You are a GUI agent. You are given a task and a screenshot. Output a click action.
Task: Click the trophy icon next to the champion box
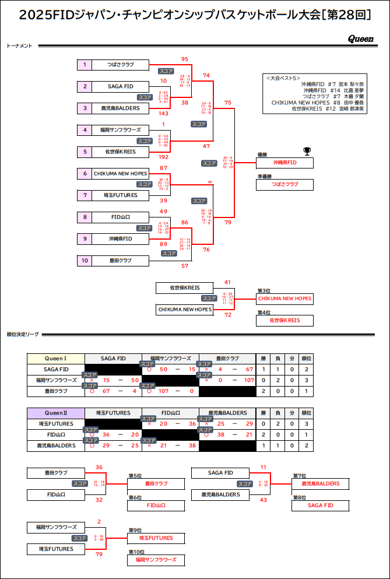pos(307,152)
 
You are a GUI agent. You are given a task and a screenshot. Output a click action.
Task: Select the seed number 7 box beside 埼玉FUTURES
pos(85,195)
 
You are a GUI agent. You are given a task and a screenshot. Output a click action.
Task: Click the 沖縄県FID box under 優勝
pos(284,163)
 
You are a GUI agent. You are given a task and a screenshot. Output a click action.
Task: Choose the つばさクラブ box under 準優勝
pos(284,184)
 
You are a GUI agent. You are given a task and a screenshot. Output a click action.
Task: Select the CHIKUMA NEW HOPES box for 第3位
pos(284,299)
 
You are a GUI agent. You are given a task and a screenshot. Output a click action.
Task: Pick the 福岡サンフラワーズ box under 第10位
pos(156,560)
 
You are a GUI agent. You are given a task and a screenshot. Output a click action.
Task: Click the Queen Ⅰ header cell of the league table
pos(56,359)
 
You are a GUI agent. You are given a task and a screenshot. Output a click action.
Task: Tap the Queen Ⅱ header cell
pos(56,413)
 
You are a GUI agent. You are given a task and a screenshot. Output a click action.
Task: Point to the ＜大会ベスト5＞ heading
pos(283,78)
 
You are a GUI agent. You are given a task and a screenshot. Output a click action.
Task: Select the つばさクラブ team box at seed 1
pos(121,65)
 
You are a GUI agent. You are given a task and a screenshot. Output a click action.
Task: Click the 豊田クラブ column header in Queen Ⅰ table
pos(227,359)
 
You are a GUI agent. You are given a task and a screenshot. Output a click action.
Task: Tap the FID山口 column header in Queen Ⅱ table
pos(170,413)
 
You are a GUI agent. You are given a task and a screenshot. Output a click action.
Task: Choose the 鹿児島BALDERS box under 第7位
pos(320,483)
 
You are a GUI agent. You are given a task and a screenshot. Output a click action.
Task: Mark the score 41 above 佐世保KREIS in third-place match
pos(228,282)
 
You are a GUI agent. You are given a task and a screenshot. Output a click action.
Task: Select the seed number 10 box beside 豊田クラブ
pos(85,260)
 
